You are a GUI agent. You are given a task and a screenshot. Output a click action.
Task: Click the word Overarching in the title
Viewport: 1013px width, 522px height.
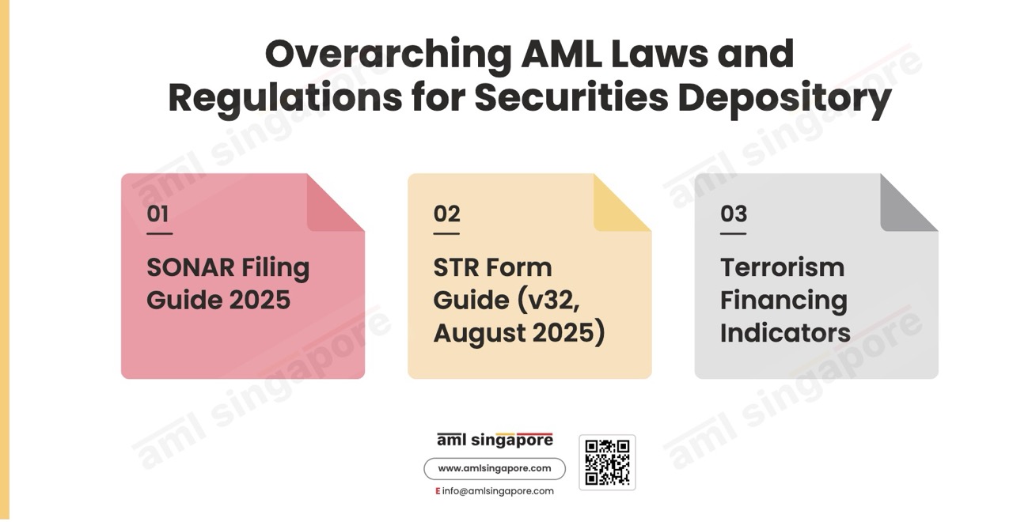coord(389,55)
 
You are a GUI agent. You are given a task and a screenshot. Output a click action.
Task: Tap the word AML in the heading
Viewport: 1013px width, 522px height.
coord(562,54)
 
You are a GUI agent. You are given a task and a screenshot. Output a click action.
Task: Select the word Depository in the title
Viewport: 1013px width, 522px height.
coord(784,99)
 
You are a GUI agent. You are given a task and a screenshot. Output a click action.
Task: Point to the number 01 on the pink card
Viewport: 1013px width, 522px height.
coord(157,214)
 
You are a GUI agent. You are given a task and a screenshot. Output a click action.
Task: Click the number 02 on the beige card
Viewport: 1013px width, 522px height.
coord(446,214)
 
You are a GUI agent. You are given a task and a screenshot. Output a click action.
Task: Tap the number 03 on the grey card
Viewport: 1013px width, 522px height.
coord(734,214)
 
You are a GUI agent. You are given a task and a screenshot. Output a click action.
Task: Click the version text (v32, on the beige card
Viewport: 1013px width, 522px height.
coord(548,301)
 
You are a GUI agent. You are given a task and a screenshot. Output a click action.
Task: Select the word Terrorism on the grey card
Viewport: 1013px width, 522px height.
coord(782,267)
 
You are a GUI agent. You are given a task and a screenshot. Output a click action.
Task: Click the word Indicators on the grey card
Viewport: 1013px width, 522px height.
coord(785,333)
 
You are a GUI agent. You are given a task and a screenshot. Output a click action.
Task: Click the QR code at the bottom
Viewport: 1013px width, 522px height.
coord(607,463)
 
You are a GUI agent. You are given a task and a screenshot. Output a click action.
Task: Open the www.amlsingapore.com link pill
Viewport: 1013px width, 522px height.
coord(495,469)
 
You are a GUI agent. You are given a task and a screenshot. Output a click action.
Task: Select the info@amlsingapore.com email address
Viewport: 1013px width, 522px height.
coord(498,491)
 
